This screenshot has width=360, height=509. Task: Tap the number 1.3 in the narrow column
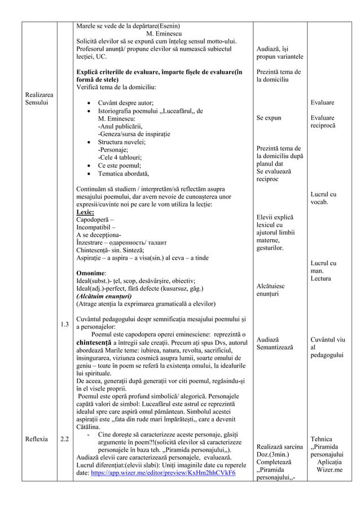65,324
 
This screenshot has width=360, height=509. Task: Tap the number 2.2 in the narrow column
65,438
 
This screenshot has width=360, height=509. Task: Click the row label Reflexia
36,438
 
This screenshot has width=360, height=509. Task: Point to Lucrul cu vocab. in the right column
323,198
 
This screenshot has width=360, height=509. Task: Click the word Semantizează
275,348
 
